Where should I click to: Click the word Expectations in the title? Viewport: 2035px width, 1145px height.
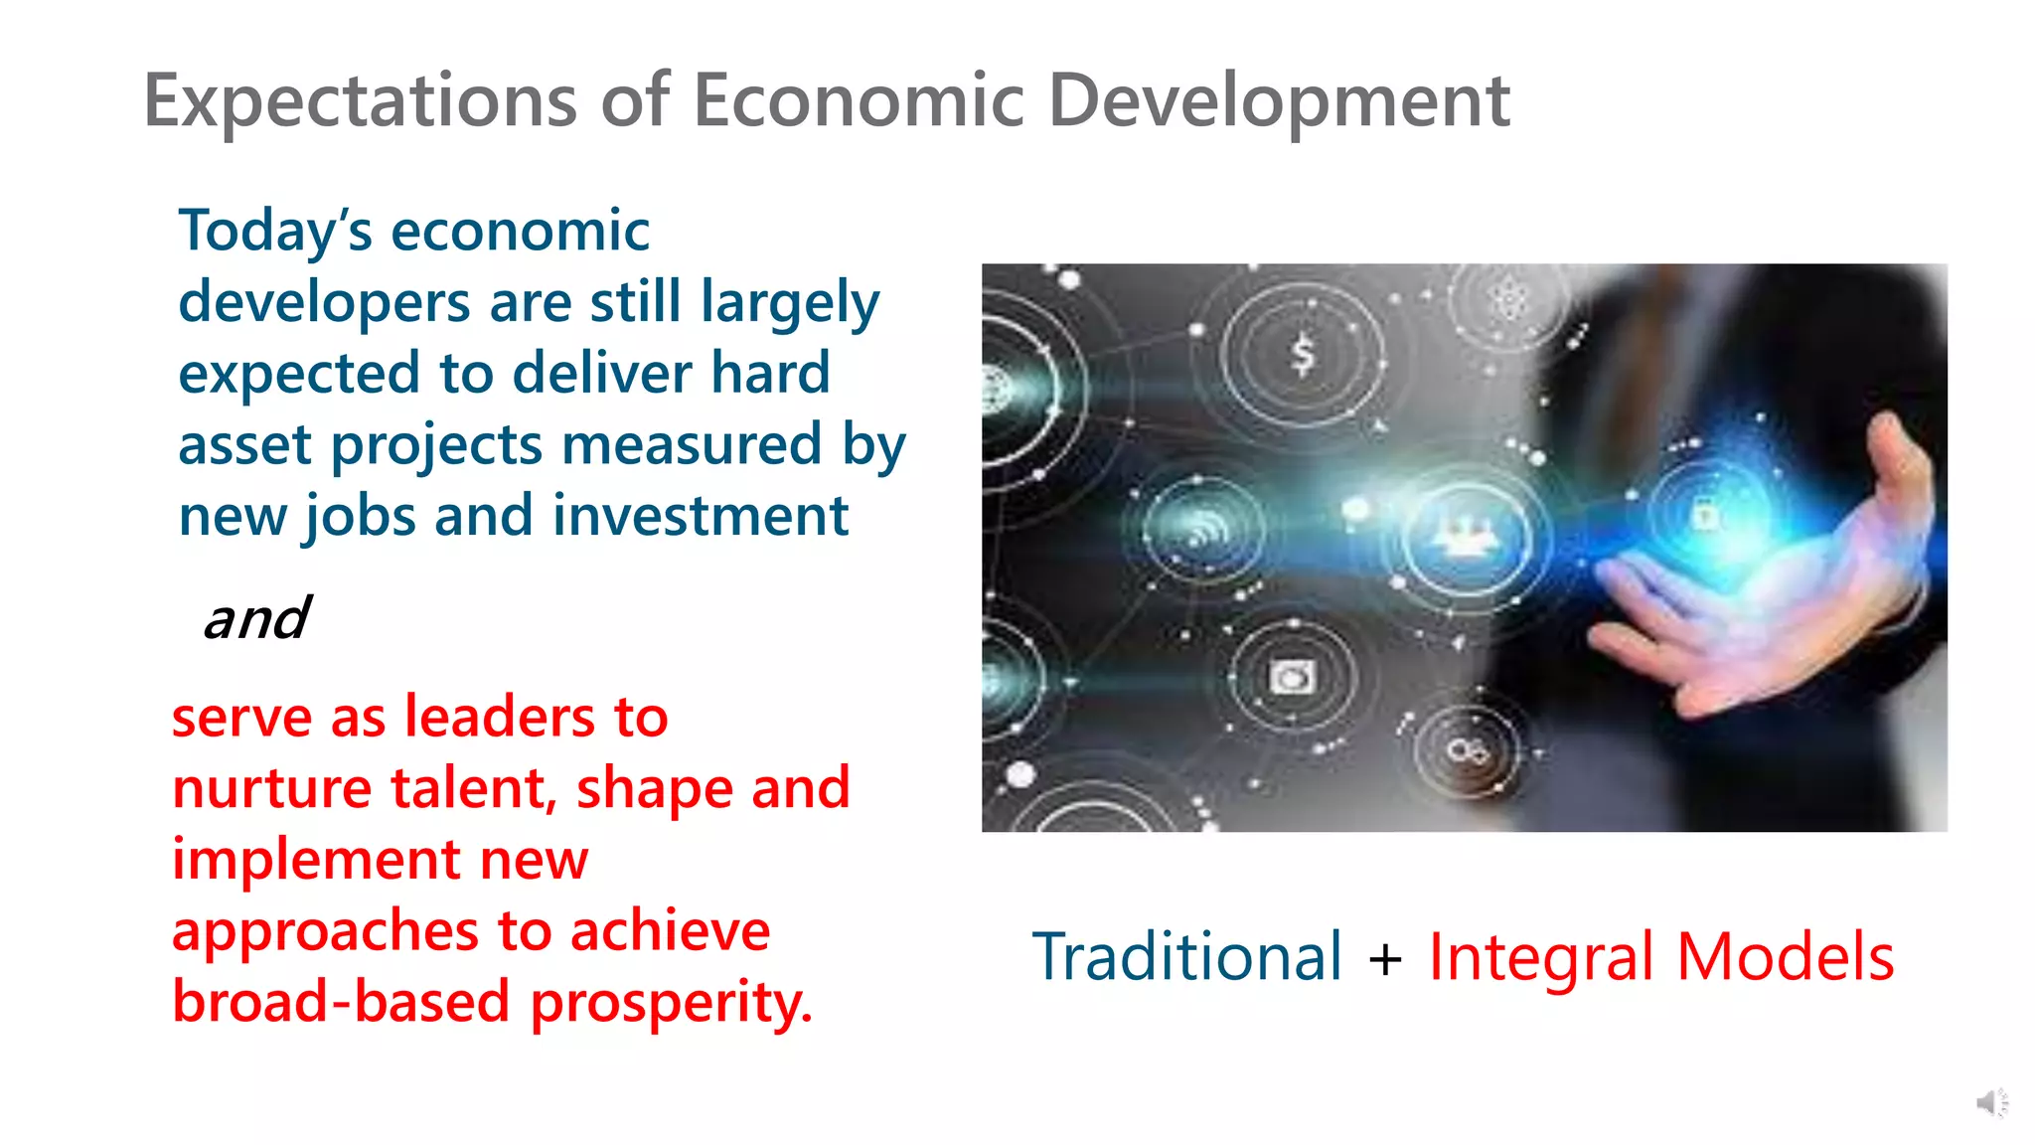361,101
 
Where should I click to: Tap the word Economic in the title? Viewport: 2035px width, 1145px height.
859,101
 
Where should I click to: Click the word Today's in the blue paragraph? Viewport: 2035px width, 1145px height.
275,232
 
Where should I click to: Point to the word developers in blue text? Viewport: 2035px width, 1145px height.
324,302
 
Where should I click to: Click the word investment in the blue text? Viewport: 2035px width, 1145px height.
701,516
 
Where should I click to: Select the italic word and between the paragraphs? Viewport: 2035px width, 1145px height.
256,618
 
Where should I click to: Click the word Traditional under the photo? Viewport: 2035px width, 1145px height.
1187,957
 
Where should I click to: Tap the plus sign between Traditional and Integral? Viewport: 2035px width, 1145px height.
1385,960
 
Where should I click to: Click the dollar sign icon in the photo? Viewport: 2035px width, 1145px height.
1303,355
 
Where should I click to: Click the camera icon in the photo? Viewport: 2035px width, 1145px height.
1292,678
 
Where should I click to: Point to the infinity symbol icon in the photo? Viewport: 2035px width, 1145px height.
1468,750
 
